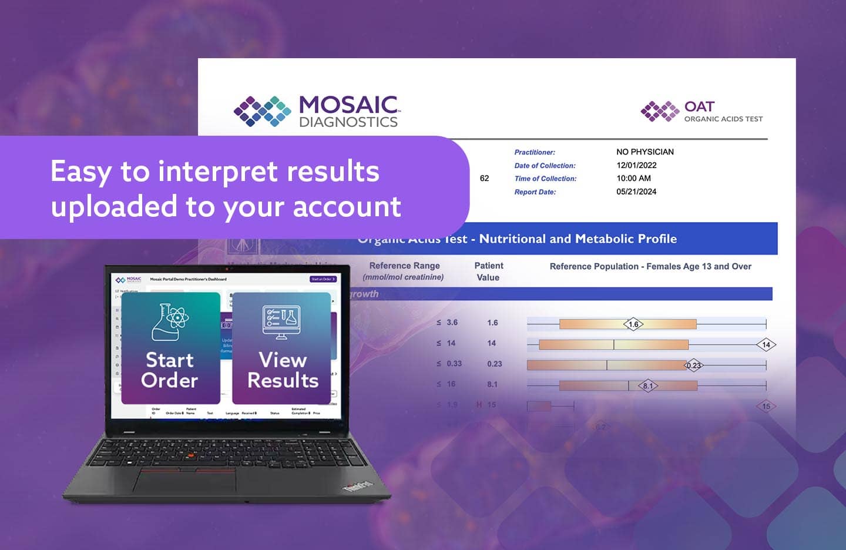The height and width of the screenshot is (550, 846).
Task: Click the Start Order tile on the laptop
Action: [x=170, y=348]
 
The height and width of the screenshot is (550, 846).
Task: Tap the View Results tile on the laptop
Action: [x=282, y=348]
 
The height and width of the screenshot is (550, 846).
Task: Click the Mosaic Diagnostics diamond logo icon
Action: [x=262, y=111]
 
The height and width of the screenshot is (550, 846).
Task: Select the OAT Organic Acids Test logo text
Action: [x=723, y=111]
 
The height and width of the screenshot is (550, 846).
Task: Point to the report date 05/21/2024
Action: [x=636, y=192]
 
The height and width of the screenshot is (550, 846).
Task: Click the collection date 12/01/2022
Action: [x=636, y=165]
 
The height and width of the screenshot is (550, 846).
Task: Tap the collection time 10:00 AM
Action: [x=633, y=178]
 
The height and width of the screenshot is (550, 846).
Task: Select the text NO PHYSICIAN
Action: [x=644, y=152]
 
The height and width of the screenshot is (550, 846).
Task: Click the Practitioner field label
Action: [x=535, y=152]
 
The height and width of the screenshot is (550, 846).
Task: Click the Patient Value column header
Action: [x=488, y=271]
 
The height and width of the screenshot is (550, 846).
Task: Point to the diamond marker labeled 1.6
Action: [x=633, y=324]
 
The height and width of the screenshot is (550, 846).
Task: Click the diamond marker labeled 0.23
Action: [x=694, y=365]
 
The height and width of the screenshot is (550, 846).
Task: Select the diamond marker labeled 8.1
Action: [x=647, y=386]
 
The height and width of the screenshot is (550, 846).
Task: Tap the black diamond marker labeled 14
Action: [x=766, y=345]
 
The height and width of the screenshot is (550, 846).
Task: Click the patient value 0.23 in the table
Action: [x=494, y=364]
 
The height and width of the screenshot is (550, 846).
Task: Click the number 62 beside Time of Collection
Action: [x=484, y=178]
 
